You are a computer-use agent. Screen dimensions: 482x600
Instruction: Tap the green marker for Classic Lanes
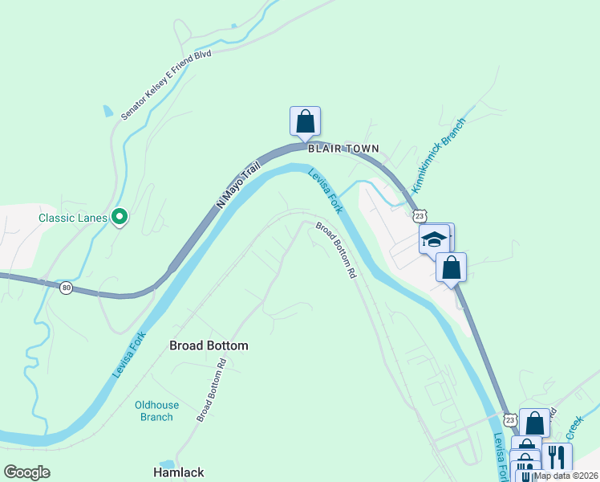(120, 216)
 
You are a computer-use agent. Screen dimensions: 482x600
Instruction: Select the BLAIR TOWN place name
(343, 149)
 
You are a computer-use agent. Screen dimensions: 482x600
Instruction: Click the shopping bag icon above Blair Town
(305, 121)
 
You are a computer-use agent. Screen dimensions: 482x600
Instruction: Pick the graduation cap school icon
(435, 239)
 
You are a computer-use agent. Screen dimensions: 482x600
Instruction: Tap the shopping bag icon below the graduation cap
(452, 268)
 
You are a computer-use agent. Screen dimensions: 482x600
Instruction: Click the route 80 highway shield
(66, 287)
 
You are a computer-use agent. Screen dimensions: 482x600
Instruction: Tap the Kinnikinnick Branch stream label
(438, 152)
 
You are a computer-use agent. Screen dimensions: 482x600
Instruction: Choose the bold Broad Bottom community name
(209, 345)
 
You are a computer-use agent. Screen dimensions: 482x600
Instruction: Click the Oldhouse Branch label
(156, 411)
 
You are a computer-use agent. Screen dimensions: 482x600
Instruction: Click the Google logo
(26, 472)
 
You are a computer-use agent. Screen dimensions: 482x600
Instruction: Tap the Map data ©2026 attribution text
(566, 476)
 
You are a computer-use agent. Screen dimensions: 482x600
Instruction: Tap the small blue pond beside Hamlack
(168, 464)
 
